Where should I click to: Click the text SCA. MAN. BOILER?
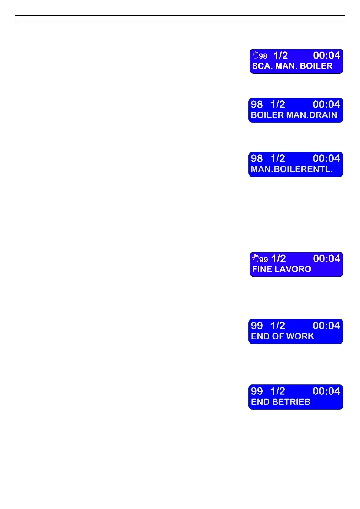tap(292, 66)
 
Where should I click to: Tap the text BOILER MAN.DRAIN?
tap(294, 115)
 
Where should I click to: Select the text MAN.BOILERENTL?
tap(292, 169)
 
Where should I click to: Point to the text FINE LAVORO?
tap(281, 269)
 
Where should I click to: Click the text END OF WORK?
tap(282, 336)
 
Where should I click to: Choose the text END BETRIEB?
tap(280, 402)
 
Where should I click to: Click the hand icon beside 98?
tap(256, 55)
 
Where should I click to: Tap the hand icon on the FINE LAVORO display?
tap(256, 258)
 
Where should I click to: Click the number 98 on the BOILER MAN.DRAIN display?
tap(257, 105)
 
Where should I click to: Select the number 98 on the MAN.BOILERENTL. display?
tap(257, 159)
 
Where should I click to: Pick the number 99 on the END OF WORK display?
tap(257, 326)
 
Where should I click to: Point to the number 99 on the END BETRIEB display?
tap(257, 391)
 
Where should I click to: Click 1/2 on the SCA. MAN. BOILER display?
tap(280, 56)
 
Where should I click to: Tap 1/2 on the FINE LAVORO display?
tap(278, 259)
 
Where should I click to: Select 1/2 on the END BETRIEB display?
tap(278, 391)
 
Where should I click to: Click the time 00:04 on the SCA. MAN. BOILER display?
tap(326, 56)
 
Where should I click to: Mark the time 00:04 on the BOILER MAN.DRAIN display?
tap(326, 105)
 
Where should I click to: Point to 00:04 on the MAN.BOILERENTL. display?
tap(326, 159)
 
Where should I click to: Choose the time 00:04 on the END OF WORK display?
tap(326, 326)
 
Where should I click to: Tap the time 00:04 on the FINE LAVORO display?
tap(326, 259)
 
